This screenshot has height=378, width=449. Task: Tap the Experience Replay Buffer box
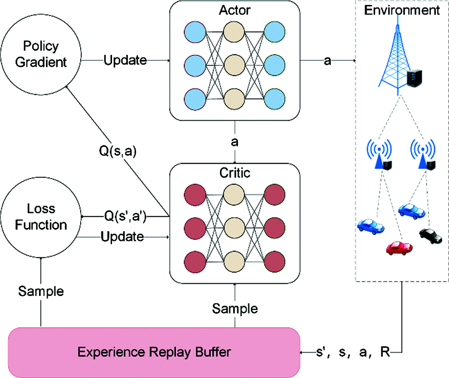pyautogui.click(x=154, y=352)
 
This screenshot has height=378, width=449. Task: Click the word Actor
pyautogui.click(x=234, y=10)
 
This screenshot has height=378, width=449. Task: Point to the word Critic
pyautogui.click(x=235, y=173)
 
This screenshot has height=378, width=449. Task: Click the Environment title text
pyautogui.click(x=402, y=10)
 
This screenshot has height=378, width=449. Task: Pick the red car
pyautogui.click(x=399, y=247)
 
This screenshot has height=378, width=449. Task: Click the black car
pyautogui.click(x=431, y=236)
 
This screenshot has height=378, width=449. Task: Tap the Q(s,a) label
pyautogui.click(x=117, y=151)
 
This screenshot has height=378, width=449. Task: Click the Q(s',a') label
pyautogui.click(x=126, y=216)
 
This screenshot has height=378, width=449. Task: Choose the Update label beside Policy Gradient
pyautogui.click(x=125, y=60)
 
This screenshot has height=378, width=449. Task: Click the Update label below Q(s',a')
pyautogui.click(x=122, y=237)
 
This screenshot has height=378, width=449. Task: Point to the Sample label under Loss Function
pyautogui.click(x=41, y=291)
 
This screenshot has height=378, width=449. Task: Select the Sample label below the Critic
pyautogui.click(x=235, y=309)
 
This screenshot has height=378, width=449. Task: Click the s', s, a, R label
pyautogui.click(x=353, y=352)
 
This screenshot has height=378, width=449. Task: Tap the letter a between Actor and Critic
pyautogui.click(x=234, y=142)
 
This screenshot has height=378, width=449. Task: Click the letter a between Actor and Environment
pyautogui.click(x=327, y=61)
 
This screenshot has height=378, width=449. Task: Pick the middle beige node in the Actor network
pyautogui.click(x=234, y=65)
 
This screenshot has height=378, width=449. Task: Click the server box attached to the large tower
pyautogui.click(x=415, y=78)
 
